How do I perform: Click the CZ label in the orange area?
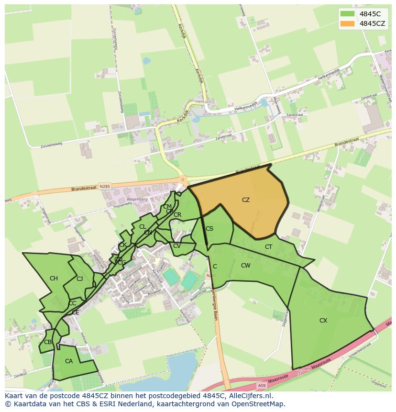point(245,200)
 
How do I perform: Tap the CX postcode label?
point(323,321)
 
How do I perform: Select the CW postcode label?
point(245,266)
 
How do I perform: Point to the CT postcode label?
point(268,247)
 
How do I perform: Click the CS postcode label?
point(209,229)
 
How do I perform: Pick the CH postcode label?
point(54,278)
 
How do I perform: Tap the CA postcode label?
point(69,361)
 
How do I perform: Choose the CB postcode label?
point(48,342)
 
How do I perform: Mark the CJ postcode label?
point(80,279)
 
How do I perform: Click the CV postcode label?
point(177,246)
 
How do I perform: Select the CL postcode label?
point(143,227)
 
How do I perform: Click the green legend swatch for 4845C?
point(347,14)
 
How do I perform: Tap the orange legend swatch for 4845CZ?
point(347,23)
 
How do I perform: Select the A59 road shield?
point(262,385)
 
